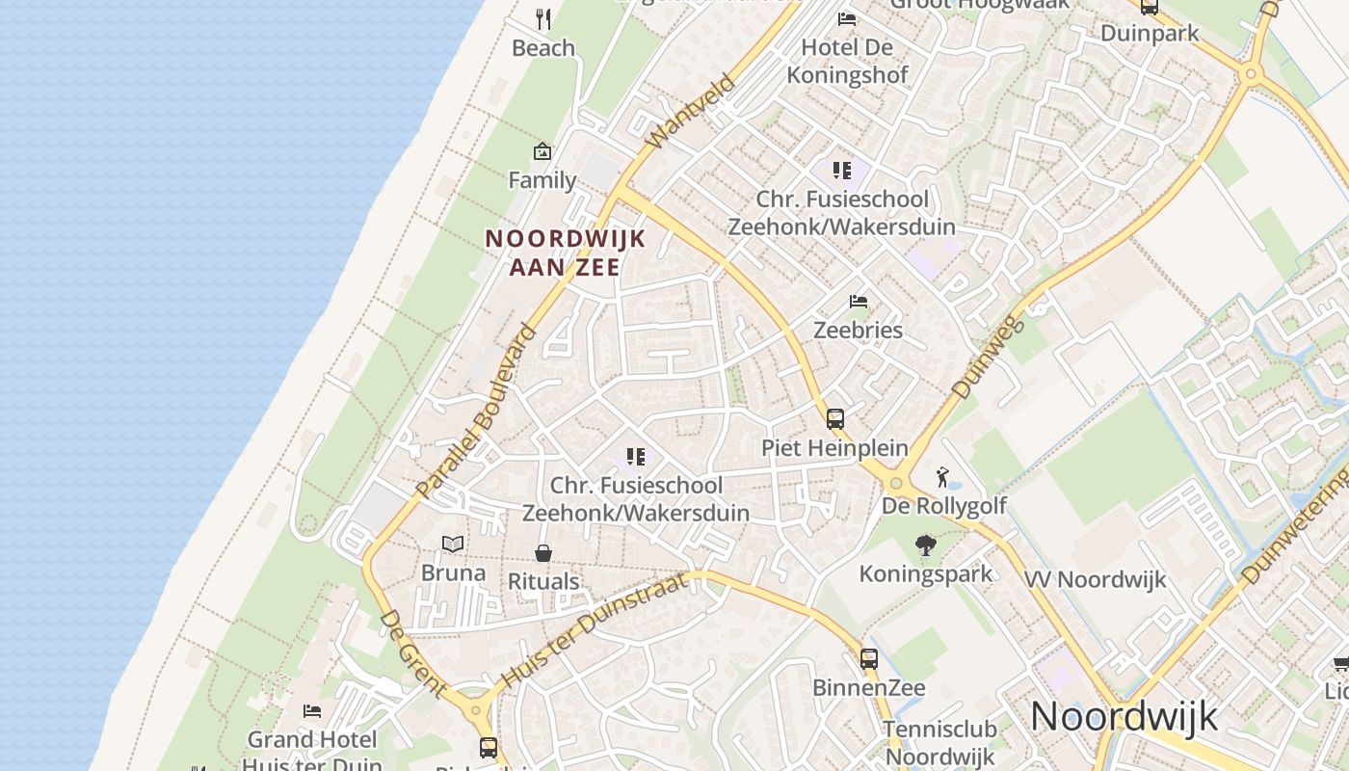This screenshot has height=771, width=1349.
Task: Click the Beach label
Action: [x=543, y=48]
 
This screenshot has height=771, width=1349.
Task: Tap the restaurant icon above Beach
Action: [x=543, y=18]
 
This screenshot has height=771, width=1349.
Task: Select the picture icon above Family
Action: [x=542, y=151]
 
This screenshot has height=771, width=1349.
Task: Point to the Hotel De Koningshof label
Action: [x=847, y=62]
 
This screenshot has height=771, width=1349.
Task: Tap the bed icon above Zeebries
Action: [x=859, y=302]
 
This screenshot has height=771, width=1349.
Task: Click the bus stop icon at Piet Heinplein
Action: [x=835, y=419]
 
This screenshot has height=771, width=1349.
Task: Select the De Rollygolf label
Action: [x=944, y=506]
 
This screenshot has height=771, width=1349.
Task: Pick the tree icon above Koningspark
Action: [x=926, y=545]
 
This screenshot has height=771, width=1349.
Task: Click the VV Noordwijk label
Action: [x=1095, y=580]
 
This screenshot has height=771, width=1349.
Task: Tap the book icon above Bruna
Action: [x=453, y=545]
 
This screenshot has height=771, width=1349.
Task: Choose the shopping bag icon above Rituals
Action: [x=543, y=553]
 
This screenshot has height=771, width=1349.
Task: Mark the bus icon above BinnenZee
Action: [x=869, y=659]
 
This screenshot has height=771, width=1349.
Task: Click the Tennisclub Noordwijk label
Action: [x=939, y=743]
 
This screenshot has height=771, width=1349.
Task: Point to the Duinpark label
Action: [x=1150, y=34]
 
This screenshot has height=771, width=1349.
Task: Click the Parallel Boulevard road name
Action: [x=476, y=412]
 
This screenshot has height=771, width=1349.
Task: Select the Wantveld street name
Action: [x=690, y=112]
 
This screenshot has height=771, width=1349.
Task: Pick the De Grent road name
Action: [x=412, y=653]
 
